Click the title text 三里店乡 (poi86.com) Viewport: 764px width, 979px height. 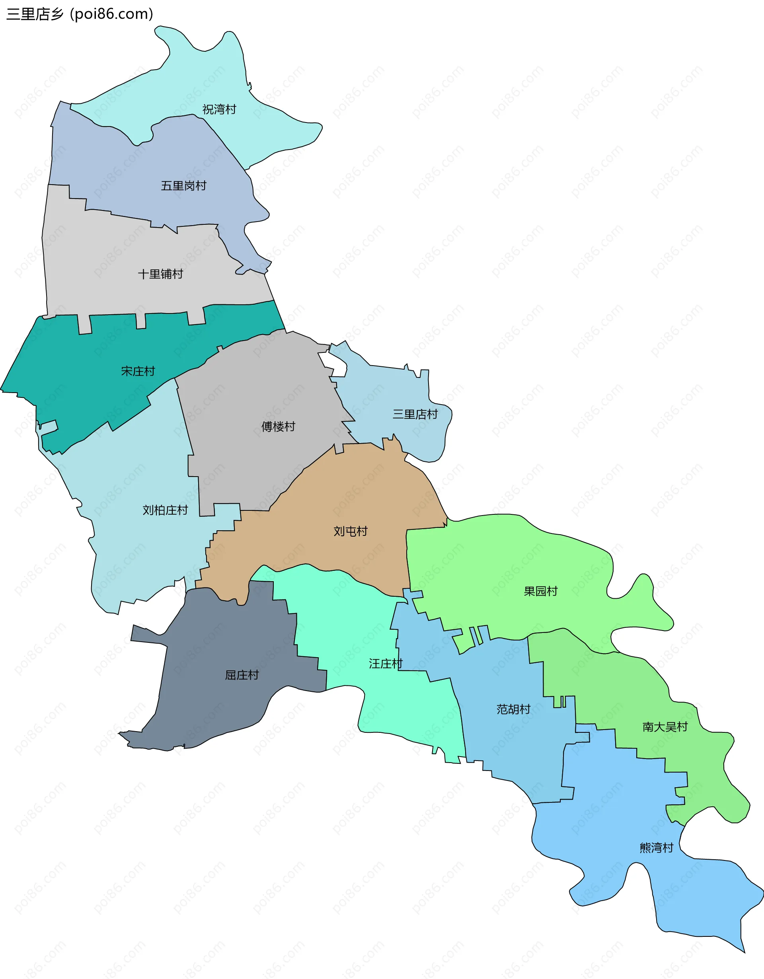point(80,14)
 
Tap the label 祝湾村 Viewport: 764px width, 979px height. point(219,109)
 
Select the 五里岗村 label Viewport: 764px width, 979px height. point(183,186)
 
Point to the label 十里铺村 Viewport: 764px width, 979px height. point(160,274)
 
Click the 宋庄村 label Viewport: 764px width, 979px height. point(138,371)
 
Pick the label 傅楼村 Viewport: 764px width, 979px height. point(278,426)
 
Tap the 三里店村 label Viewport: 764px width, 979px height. point(415,414)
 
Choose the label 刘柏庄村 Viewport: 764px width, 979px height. point(165,510)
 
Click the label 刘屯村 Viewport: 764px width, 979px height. point(350,531)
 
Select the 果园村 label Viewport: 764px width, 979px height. point(540,591)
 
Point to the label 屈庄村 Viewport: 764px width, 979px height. point(242,675)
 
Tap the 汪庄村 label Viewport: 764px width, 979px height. point(385,664)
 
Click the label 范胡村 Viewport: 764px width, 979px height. point(513,709)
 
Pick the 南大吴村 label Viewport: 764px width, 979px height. point(665,727)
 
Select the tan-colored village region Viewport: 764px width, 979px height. point(359,493)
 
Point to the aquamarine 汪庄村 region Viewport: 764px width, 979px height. point(403,708)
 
